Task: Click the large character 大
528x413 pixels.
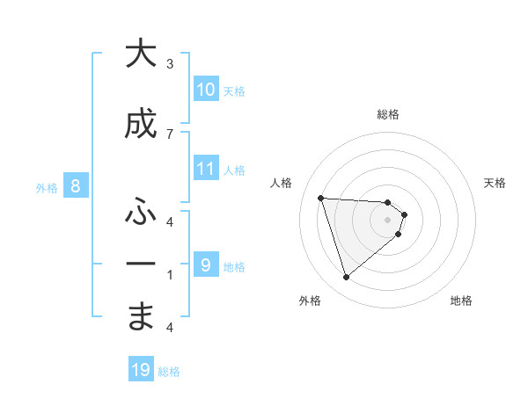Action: coord(141,54)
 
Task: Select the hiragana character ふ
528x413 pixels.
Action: coord(141,213)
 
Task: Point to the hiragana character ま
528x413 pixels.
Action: coord(141,316)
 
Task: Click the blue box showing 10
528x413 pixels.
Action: coord(206,90)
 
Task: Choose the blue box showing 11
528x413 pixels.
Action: coord(206,169)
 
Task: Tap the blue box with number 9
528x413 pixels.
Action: coord(205,265)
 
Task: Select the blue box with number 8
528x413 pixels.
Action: coord(76,186)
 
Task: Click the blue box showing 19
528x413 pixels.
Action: coord(141,370)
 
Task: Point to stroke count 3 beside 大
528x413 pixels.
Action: coord(170,63)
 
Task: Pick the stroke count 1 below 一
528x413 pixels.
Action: coord(170,274)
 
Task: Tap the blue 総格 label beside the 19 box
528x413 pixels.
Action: coord(169,372)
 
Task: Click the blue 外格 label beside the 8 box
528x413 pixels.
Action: coord(47,187)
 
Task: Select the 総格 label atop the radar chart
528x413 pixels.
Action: coord(387,114)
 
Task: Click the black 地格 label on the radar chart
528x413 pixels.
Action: coord(461,301)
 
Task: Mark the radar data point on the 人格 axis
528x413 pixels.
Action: coord(321,198)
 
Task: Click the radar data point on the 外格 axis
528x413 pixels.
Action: coord(347,278)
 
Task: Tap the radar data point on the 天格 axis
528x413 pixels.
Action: coord(404,214)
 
